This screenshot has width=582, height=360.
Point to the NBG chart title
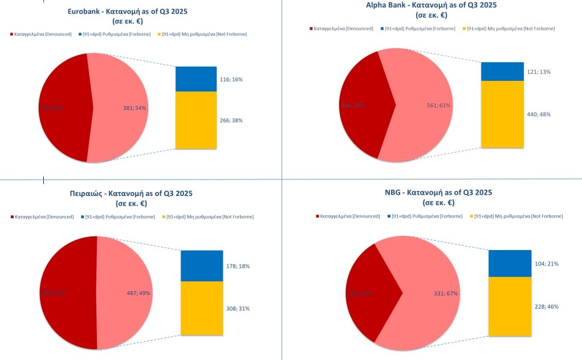pos(438,197)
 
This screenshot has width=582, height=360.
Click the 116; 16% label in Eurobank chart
pos(231,80)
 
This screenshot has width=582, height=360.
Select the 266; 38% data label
pos(231,120)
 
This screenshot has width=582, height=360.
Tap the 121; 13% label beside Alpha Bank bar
pos(539,72)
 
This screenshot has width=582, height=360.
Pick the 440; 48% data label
pos(539,114)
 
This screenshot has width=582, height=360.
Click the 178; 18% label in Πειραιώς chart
pos(238,266)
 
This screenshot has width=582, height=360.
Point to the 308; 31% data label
pos(238,308)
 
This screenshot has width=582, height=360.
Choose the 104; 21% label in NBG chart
pos(547,264)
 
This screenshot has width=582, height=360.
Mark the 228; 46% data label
pos(547,306)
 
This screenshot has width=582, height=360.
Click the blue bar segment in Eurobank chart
pos(196,79)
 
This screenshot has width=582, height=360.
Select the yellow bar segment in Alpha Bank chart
pos(502,114)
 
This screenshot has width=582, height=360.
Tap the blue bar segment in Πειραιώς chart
pos(201,265)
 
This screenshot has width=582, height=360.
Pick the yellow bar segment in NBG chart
pos(510,306)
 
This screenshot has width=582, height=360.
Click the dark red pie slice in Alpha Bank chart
pos(362,105)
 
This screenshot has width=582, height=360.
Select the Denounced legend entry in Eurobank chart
pos(40,34)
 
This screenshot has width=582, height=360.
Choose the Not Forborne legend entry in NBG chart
pos(518,216)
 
